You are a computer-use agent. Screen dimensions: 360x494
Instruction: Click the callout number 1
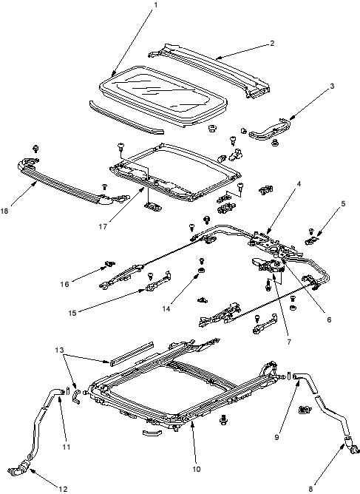(155, 5)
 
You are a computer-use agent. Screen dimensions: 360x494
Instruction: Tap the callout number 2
(272, 43)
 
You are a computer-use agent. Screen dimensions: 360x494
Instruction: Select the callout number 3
(332, 86)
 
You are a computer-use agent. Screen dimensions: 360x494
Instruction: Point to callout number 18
(4, 212)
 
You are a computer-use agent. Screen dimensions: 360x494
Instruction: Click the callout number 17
(103, 226)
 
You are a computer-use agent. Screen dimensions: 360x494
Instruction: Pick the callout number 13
(59, 350)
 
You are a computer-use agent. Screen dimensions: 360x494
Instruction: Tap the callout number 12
(64, 489)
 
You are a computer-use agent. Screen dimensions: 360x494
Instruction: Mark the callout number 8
(310, 489)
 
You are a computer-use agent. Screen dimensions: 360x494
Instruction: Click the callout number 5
(343, 203)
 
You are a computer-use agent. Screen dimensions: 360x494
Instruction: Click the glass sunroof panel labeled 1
(163, 95)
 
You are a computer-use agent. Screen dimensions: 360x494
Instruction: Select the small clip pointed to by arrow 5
(311, 240)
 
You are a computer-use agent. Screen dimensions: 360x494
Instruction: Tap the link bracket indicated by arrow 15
(158, 281)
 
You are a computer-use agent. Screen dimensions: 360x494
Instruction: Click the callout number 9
(276, 437)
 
